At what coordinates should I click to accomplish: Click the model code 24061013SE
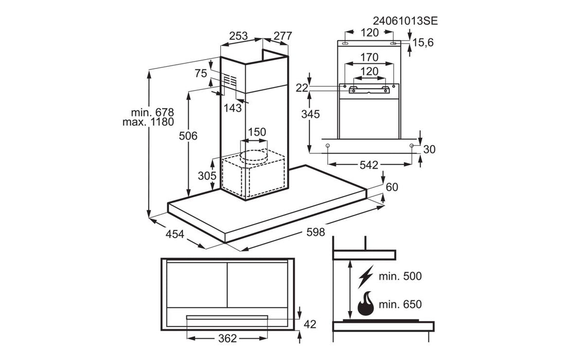pyautogui.click(x=405, y=21)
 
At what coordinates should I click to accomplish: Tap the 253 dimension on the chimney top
pyautogui.click(x=238, y=36)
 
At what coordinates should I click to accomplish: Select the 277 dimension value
pyautogui.click(x=283, y=36)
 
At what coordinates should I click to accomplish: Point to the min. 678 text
pyautogui.click(x=152, y=112)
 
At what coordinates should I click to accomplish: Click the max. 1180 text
pyautogui.click(x=148, y=122)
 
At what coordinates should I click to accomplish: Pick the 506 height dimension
pyautogui.click(x=188, y=136)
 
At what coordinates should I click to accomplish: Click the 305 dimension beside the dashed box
pyautogui.click(x=207, y=176)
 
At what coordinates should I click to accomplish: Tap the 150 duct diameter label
pyautogui.click(x=257, y=132)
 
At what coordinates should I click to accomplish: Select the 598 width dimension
pyautogui.click(x=316, y=232)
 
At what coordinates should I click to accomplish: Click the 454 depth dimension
pyautogui.click(x=175, y=234)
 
